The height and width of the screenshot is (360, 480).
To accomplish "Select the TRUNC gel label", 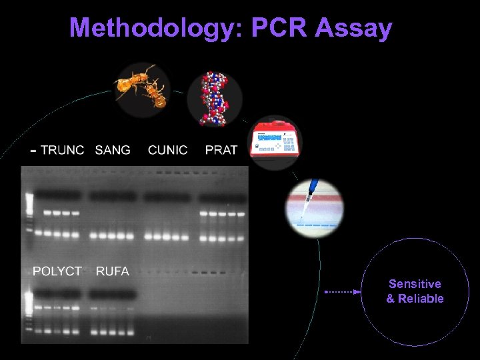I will pos(63,150).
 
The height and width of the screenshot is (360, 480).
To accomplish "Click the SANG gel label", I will pos(113,150).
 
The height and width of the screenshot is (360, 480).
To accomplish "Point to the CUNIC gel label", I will pos(167,150).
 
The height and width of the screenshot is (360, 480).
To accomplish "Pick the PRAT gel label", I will pos(221,150).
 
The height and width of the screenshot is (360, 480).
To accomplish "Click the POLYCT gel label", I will pos(57,271).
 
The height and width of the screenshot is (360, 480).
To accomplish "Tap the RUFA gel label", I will pos(113,271).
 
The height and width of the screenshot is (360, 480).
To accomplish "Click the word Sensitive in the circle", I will pos(415,284).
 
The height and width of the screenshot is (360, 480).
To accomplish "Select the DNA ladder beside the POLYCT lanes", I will pos(29,310).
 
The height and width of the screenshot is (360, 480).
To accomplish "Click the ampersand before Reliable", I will pos(391,299).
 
